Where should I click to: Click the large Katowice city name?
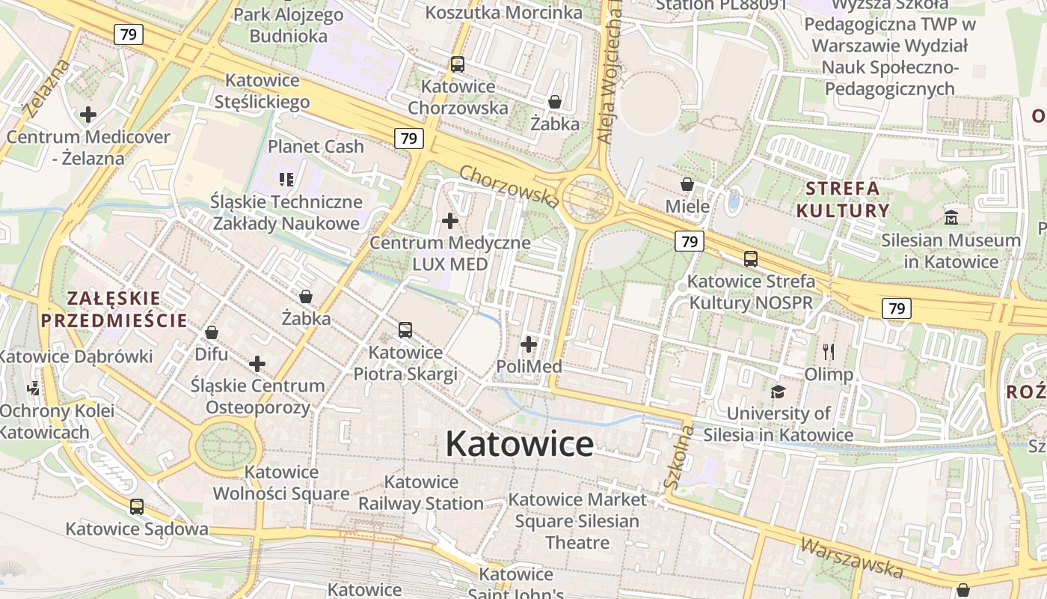[x=520, y=444]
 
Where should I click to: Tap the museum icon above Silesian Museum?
[x=951, y=218]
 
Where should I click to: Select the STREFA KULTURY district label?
[x=843, y=199]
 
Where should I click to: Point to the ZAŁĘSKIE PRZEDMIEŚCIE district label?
[x=114, y=310]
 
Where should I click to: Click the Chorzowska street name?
[x=509, y=186]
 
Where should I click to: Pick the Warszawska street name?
[x=850, y=557]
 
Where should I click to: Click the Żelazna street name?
[x=46, y=89]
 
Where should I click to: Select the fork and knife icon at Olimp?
[x=828, y=352]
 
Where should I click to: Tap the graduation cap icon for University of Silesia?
[x=778, y=392]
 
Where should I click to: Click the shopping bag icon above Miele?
[x=687, y=184]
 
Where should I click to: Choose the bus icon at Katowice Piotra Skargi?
[x=405, y=329]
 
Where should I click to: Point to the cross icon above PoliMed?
[x=529, y=344]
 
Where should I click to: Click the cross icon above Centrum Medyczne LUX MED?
[x=450, y=221]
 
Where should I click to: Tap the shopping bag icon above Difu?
[x=212, y=332]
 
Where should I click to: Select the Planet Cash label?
[x=316, y=146]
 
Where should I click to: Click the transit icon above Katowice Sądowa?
[x=137, y=507]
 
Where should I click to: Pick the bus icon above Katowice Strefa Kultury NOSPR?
[x=750, y=259]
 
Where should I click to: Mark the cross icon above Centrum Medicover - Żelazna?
[x=88, y=115]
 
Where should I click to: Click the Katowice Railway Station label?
[x=420, y=493]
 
